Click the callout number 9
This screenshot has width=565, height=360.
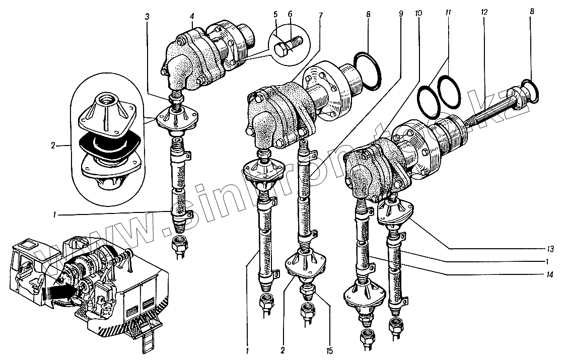tap(401, 15)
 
